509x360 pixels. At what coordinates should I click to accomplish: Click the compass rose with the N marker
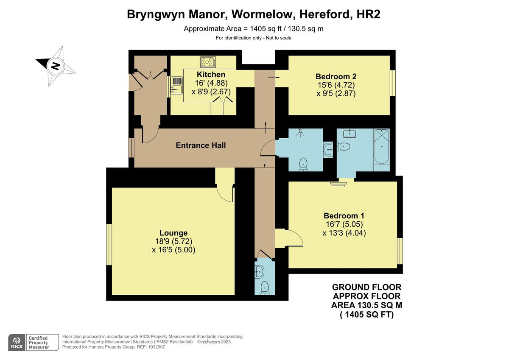pos(55,66)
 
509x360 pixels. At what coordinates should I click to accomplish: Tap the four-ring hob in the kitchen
pos(208,62)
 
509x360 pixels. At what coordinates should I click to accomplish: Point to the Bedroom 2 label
pos(336,77)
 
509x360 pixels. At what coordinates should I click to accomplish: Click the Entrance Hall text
pos(201,145)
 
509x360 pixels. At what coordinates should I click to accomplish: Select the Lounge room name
pos(173,233)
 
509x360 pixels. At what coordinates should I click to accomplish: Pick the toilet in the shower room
pos(303,163)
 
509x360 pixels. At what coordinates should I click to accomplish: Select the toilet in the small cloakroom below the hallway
pos(265,287)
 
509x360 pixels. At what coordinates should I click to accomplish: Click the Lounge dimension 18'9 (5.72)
pos(173,241)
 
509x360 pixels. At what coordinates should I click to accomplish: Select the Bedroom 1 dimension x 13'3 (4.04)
pos(344,233)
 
